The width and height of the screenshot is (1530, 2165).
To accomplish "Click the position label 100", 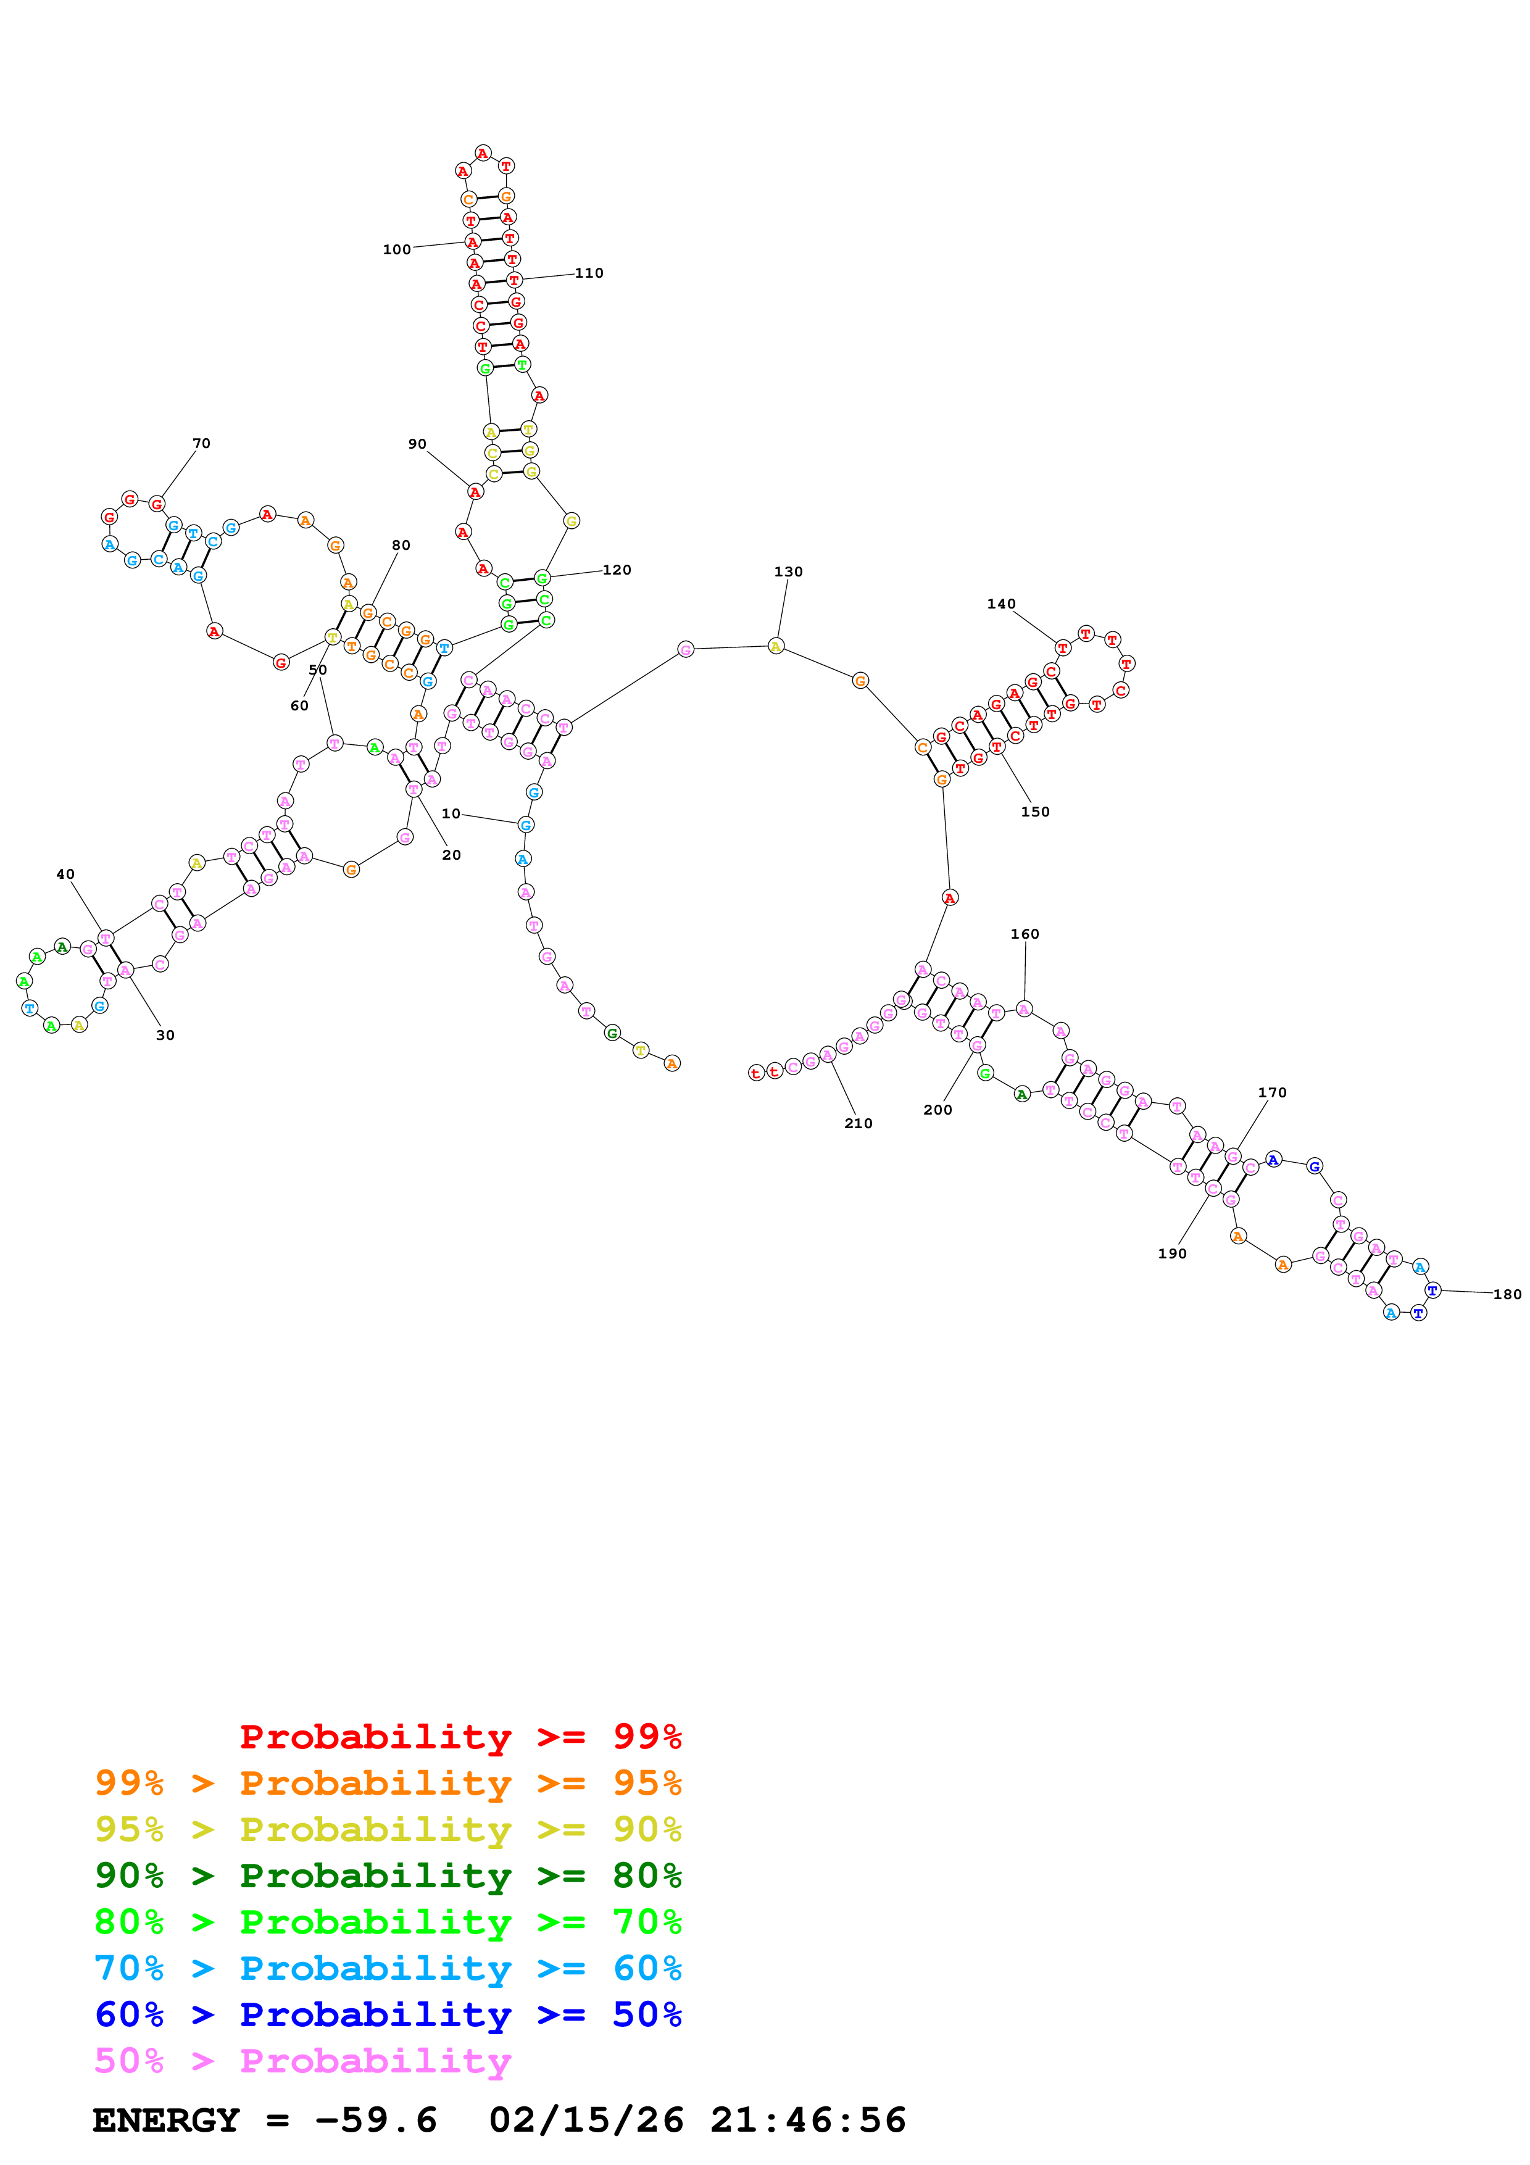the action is (x=396, y=250).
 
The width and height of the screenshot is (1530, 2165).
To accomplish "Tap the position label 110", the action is (x=589, y=273).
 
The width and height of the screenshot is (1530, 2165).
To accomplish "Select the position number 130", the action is (x=788, y=571).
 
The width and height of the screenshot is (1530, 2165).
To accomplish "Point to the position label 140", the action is (x=1001, y=604).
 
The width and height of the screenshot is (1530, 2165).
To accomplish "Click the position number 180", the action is (x=1507, y=1295).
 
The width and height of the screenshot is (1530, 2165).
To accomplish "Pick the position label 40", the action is (x=65, y=874).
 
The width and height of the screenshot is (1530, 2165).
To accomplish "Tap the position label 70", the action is (x=201, y=443).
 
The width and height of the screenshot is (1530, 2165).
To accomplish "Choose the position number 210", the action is (x=858, y=1123).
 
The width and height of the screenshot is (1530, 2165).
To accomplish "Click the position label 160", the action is (x=1025, y=934).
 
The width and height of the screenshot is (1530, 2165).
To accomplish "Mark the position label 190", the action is (x=1172, y=1253).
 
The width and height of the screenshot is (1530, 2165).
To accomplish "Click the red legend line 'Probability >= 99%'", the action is (x=460, y=1736).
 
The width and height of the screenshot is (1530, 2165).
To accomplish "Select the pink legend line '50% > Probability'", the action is (x=302, y=2060).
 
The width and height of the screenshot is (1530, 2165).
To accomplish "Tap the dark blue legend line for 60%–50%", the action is (x=388, y=2014).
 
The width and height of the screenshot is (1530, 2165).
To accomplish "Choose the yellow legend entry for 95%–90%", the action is (x=388, y=1829).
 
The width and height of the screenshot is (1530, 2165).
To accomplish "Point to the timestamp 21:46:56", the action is (x=808, y=2121).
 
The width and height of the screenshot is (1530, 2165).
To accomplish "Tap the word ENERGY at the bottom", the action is (x=166, y=2121).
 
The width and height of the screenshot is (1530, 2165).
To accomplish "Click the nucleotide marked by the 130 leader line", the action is (x=776, y=646).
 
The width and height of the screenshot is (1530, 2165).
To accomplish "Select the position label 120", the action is (x=617, y=570).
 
